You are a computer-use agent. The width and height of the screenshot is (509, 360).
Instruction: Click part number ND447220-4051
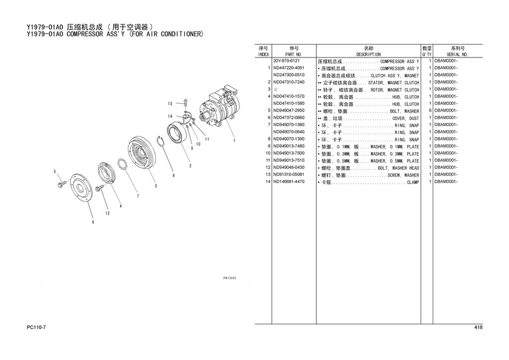[288, 68]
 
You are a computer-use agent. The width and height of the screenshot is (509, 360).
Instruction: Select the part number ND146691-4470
[288, 181]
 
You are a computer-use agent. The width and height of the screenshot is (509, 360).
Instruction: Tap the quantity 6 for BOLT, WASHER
[430, 110]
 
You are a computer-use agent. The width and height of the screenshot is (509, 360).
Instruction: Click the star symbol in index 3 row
[276, 89]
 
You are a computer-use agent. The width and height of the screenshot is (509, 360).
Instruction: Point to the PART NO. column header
[293, 55]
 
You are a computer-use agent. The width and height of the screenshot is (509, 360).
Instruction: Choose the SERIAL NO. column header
[457, 55]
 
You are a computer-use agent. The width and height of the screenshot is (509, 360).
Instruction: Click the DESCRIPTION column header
[368, 55]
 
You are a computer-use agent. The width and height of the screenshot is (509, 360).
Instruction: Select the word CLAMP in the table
[413, 182]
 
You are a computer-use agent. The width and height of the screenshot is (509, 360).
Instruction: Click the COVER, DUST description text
[405, 119]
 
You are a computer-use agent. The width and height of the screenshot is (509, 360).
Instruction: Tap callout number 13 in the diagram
[170, 104]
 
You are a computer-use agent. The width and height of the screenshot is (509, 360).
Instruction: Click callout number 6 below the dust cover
[93, 222]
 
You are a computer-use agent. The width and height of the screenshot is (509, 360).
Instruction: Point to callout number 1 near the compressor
[234, 141]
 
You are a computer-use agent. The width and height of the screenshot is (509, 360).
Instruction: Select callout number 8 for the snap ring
[174, 175]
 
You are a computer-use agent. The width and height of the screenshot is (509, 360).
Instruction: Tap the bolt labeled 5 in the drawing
[61, 185]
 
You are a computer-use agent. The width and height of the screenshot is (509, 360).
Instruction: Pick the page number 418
[478, 327]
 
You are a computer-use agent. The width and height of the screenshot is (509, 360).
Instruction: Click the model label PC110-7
[36, 327]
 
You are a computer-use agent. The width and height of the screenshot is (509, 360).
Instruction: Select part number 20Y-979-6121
[286, 61]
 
